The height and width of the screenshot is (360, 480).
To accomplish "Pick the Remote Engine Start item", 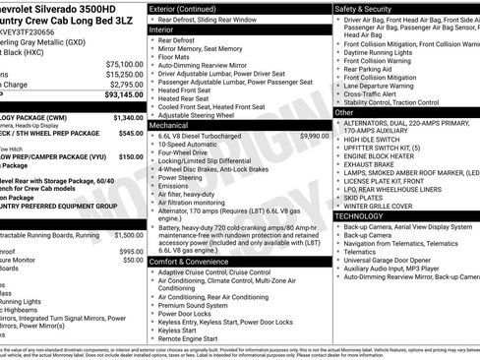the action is pos(195,337).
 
